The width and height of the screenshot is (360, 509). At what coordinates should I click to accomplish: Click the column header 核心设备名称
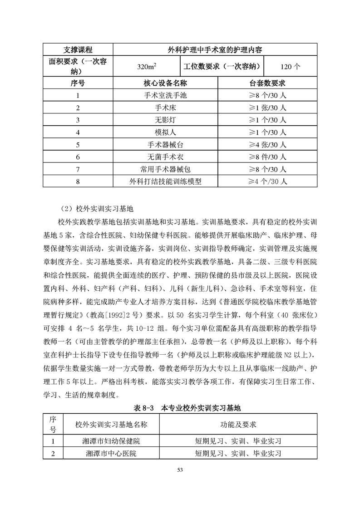point(165,83)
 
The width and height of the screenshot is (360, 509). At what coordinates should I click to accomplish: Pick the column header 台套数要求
point(267,83)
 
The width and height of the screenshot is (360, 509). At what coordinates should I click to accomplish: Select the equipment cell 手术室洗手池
point(165,96)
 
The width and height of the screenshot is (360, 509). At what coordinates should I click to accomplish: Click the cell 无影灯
point(165,120)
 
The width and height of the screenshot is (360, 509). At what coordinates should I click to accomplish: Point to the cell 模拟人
point(165,132)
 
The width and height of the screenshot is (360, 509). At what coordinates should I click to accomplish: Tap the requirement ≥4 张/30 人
point(267,145)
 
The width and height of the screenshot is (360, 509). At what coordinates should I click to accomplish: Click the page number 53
point(180,470)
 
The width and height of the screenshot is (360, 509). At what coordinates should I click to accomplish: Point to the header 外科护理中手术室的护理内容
point(214,49)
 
